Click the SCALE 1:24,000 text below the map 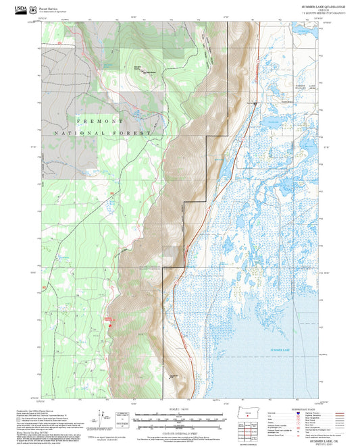pyautogui.click(x=179, y=408)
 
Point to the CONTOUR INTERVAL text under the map pyautogui.click(x=179, y=432)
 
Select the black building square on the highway pyautogui.click(x=255, y=103)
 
